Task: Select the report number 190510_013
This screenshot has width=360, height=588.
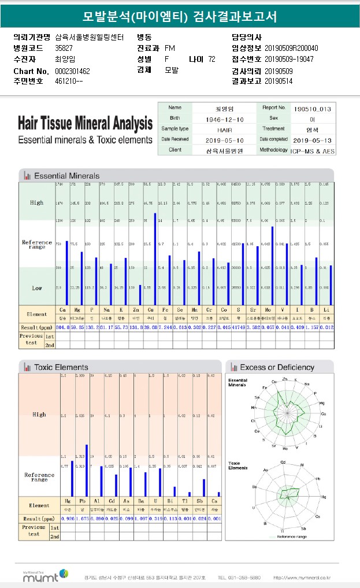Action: coord(312,108)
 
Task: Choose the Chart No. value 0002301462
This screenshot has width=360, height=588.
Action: coord(72,71)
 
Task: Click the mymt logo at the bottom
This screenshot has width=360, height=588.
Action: coord(44,575)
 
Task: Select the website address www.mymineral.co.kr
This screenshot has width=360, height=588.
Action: coord(302,577)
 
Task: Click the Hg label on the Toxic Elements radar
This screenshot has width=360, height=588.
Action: coord(324,497)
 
